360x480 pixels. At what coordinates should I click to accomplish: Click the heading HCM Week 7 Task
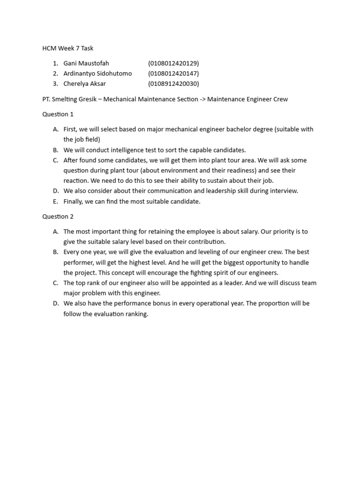(68, 48)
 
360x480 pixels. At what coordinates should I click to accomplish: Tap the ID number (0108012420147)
(173, 74)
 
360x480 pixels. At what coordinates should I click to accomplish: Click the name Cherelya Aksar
(84, 84)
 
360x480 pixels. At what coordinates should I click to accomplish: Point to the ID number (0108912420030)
(173, 84)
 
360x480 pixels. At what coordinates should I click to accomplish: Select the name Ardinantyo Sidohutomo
(97, 74)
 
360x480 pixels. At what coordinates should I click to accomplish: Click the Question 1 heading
(58, 114)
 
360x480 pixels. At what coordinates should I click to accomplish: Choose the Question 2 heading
(58, 217)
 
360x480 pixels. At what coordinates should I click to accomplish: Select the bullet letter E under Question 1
(55, 202)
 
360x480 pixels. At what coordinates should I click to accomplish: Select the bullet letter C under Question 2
(55, 283)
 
